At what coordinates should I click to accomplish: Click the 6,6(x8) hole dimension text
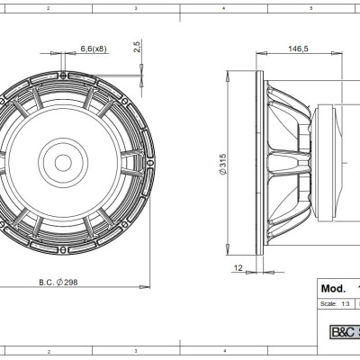pyautogui.click(x=94, y=48)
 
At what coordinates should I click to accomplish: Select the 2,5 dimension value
pyautogui.click(x=136, y=47)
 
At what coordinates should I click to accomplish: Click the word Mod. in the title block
pyautogui.click(x=334, y=290)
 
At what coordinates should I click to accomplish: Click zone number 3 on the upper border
pyautogui.click(x=135, y=7)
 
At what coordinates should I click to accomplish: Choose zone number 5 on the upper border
pyautogui.click(x=311, y=7)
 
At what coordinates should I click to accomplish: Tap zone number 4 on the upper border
pyautogui.click(x=223, y=7)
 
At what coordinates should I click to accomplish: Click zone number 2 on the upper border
pyautogui.click(x=47, y=7)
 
